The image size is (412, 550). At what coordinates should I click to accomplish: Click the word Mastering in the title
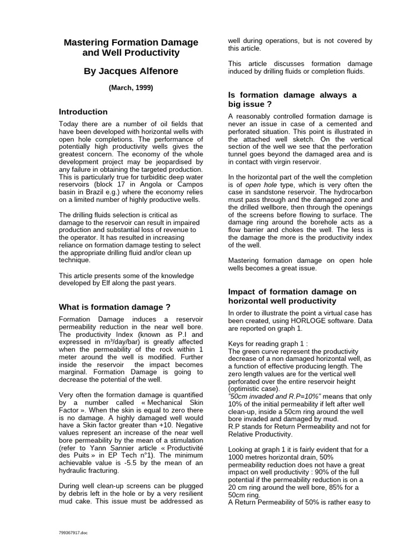89,42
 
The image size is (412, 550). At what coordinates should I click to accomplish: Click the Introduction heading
83,112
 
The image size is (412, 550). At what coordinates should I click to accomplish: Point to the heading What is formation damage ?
114,307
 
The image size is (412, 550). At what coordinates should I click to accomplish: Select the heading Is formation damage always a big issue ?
292,99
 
